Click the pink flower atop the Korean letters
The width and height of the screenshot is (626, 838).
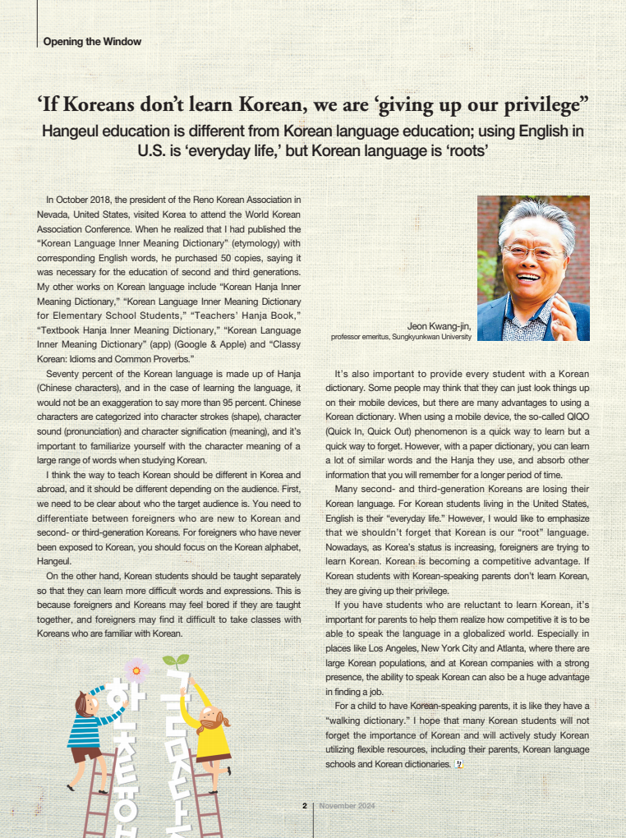(x=136, y=670)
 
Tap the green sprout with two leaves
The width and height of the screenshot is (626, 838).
(x=176, y=660)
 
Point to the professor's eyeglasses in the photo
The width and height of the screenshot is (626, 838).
(x=532, y=252)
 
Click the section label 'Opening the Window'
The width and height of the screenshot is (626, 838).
(x=92, y=41)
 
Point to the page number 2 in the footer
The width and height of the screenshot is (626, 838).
(x=304, y=806)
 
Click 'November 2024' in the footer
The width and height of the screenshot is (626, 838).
(x=347, y=806)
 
